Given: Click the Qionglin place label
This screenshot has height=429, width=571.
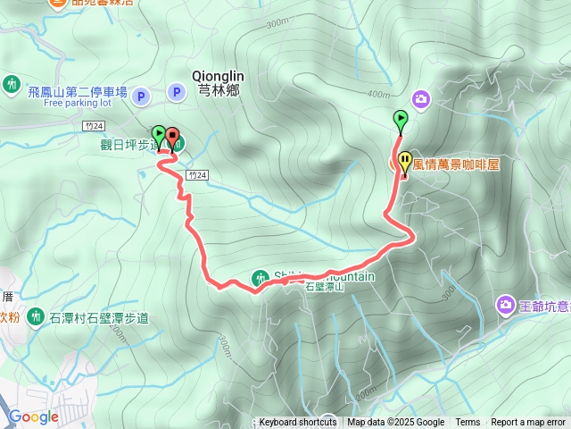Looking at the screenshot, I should point(218,77).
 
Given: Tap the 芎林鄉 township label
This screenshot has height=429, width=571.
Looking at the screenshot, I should point(218,89).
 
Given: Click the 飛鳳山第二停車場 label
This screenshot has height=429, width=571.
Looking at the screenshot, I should point(78,91).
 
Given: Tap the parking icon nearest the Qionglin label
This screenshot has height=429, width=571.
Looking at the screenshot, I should point(176,91).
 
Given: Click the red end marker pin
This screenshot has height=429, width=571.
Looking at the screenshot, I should point(171,138).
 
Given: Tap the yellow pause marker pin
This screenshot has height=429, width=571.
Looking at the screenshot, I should point(405,163).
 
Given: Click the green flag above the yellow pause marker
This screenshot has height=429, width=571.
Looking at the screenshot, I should point(401,119).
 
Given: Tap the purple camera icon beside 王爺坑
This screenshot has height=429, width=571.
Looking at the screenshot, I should point(506,307).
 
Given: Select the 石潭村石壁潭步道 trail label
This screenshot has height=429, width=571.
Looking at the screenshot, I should point(100,316).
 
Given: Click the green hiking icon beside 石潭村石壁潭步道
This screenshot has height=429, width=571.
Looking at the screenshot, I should point(37,315).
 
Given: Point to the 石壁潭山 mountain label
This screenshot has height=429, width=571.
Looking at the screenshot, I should point(323,287).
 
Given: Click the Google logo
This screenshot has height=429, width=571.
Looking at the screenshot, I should point(33,416).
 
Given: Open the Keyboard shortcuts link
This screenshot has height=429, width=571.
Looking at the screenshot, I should point(298,423).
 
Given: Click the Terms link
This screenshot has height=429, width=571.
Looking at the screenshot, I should point(468,423).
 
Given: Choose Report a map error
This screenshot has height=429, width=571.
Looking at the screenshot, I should point(528,423).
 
